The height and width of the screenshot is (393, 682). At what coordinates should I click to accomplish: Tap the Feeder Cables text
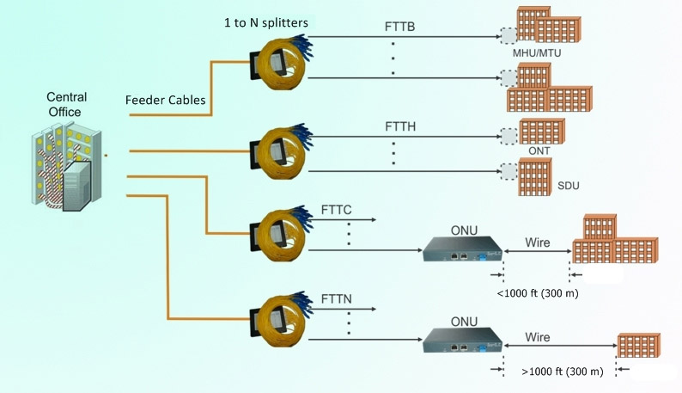(165, 100)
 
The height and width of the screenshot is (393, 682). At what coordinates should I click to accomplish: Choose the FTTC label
(337, 209)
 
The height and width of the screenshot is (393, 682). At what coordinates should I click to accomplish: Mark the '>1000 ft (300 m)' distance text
(562, 372)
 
